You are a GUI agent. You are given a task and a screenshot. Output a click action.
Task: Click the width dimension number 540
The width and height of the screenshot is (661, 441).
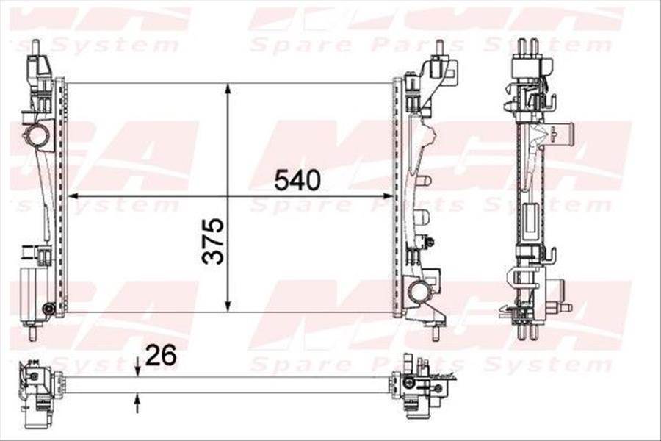point(297,179)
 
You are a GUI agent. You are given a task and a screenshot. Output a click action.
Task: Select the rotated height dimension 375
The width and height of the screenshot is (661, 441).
point(213,240)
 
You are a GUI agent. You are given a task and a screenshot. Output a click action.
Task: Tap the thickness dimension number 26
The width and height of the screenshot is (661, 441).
point(161,355)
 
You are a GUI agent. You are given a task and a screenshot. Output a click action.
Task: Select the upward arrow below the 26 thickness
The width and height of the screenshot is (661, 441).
point(137,401)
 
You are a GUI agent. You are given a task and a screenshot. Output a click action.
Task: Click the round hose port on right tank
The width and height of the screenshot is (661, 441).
point(419,292)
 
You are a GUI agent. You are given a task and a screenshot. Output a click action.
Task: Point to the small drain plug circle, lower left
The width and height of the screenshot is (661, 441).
point(48,308)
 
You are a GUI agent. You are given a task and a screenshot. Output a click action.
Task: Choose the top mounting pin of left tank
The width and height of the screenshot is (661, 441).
point(35,46)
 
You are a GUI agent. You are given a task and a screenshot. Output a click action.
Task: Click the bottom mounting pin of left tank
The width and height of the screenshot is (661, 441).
point(32,333)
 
